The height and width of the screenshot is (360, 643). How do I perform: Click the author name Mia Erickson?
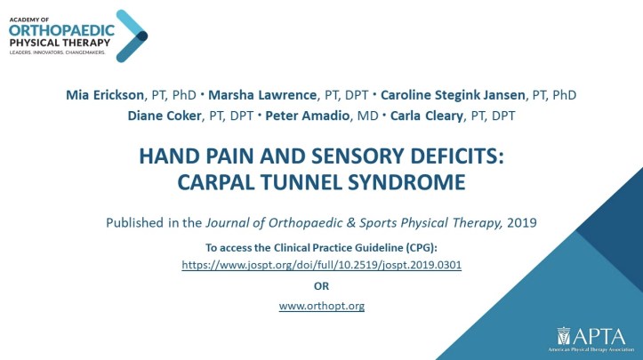[x=105, y=95]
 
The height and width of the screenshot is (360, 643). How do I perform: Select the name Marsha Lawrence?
[x=262, y=95]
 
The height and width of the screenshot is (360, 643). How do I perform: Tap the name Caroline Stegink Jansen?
[x=453, y=95]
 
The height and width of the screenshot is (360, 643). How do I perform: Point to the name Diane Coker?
[x=165, y=116]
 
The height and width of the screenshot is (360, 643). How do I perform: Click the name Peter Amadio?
[x=307, y=116]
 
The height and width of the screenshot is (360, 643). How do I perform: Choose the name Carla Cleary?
[x=427, y=116]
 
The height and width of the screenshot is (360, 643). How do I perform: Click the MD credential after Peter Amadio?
[x=367, y=116]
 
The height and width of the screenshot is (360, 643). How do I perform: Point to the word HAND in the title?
[x=168, y=156]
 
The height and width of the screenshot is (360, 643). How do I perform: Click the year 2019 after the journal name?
[x=522, y=222]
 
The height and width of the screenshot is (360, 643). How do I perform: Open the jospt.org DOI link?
[x=322, y=265]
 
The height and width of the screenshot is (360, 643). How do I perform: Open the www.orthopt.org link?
[x=322, y=306]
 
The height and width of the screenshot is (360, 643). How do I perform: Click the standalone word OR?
[x=322, y=286]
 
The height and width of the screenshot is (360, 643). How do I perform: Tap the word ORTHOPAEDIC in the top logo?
[x=61, y=30]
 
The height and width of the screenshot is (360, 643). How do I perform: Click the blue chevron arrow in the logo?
[x=132, y=36]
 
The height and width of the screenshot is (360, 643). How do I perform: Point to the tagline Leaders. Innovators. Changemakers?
[x=58, y=52]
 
